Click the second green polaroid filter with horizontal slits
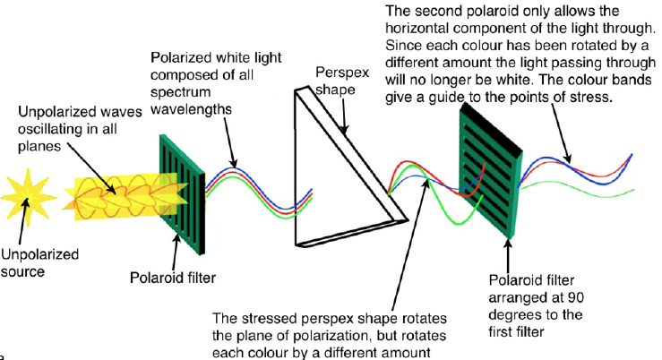[487, 166]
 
